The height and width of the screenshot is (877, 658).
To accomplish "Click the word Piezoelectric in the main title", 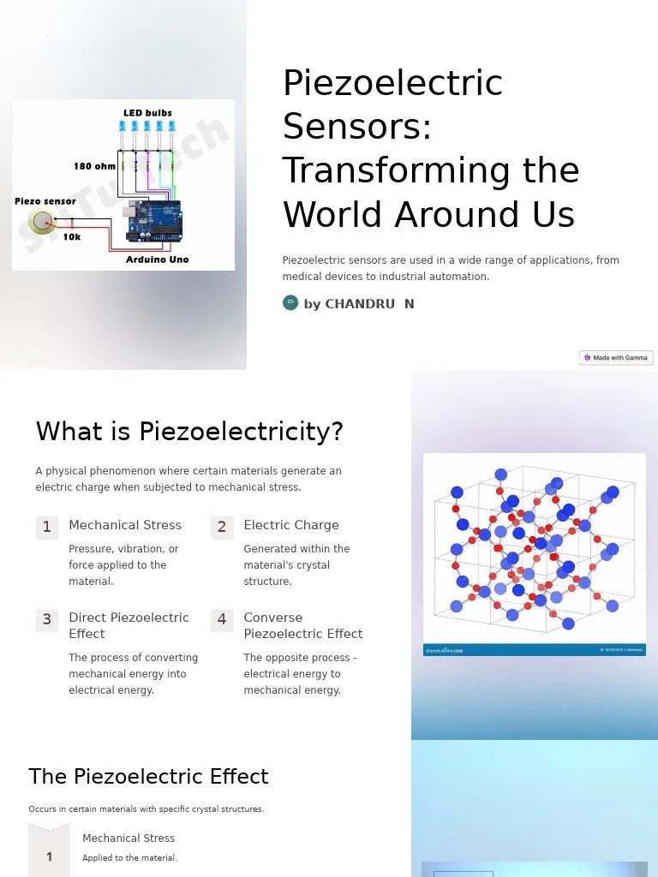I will (392, 84).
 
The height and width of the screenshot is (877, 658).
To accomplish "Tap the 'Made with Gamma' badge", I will (616, 358).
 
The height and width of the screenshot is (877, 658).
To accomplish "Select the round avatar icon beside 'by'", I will (290, 302).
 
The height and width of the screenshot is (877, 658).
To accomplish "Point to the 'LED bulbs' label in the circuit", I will (147, 113).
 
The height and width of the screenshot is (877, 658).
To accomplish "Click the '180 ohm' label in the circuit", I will (94, 166).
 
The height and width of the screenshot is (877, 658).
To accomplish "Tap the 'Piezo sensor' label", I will (45, 201).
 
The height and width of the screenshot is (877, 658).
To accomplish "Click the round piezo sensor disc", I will (40, 223).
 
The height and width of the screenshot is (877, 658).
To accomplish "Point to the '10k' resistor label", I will (72, 237).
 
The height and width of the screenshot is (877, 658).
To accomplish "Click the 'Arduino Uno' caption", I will (157, 260).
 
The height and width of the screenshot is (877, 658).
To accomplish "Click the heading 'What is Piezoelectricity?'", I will (189, 432).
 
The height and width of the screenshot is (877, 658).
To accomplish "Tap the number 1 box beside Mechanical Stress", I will (47, 527).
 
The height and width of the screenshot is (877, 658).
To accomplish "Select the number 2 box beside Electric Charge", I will (222, 527).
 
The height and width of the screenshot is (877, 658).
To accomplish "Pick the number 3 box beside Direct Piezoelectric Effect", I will (47, 619).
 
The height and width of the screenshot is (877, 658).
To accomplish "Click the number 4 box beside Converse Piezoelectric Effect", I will (222, 619).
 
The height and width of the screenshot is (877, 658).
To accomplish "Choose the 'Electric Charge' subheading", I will (291, 525).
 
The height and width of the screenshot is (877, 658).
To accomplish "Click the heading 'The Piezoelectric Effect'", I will (148, 777).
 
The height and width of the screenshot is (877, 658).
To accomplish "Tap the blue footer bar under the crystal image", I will (534, 650).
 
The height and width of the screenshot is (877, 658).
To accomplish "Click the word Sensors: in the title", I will (357, 128).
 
